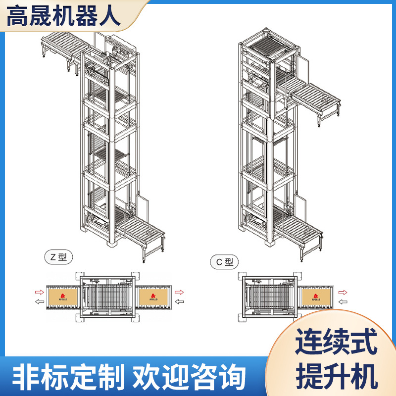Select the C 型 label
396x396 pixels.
[x=224, y=262]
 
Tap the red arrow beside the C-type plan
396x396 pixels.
[x=342, y=292]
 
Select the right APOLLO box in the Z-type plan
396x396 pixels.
[x=153, y=297]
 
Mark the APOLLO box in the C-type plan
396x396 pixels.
[x=315, y=297]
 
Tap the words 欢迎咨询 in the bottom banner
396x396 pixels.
[x=190, y=378]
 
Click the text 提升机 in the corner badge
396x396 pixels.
[x=336, y=375]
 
